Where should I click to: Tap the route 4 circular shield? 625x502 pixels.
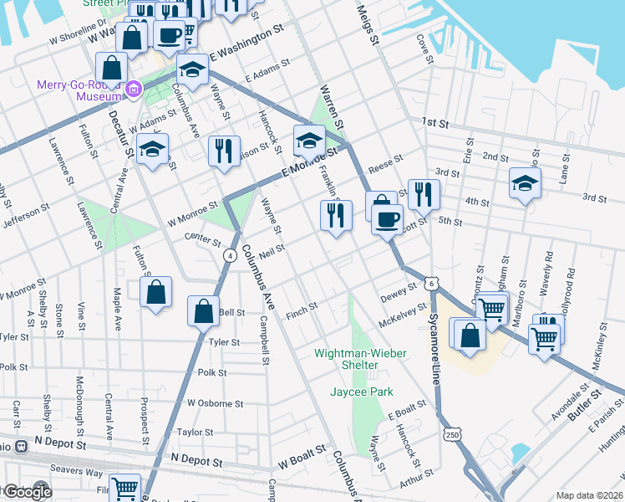[x=227, y=256]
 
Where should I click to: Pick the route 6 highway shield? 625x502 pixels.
[x=431, y=284]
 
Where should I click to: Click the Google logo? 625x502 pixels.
[x=27, y=492]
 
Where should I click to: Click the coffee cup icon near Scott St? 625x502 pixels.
[x=386, y=220]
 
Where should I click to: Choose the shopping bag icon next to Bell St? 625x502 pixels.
[x=203, y=311]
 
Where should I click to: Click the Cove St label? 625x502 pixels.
[x=426, y=49]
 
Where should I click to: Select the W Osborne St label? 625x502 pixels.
[x=215, y=402]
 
